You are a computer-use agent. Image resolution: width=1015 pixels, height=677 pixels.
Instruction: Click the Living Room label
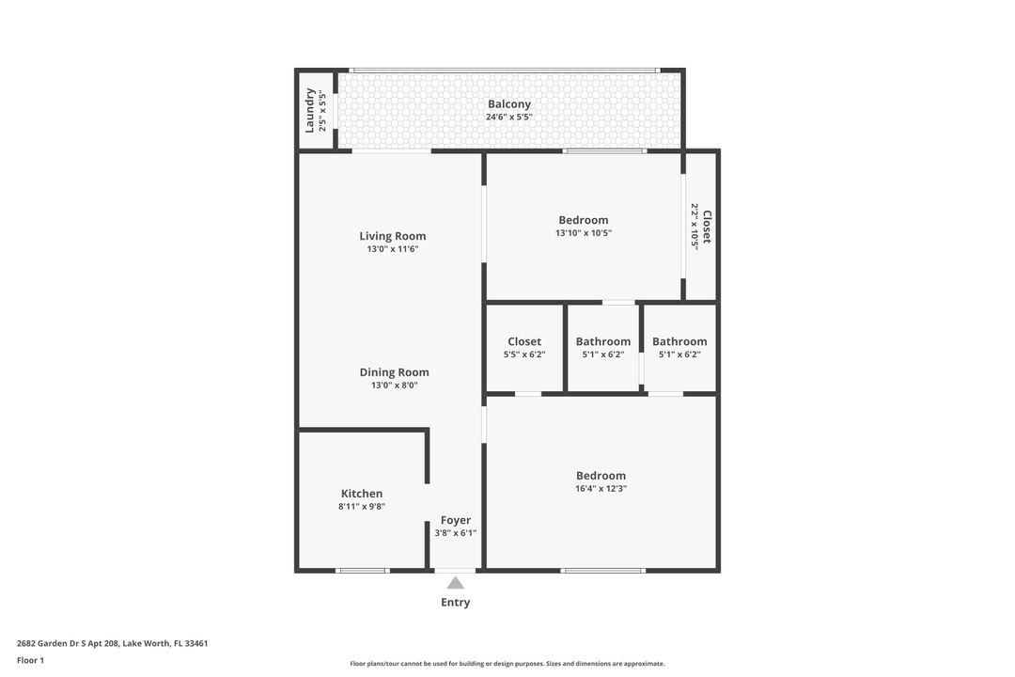click(x=392, y=236)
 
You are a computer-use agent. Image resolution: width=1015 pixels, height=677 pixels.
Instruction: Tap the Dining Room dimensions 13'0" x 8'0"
click(x=394, y=385)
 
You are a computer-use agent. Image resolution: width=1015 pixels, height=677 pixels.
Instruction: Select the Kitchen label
click(x=362, y=494)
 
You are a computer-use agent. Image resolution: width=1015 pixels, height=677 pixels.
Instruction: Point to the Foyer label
click(x=456, y=520)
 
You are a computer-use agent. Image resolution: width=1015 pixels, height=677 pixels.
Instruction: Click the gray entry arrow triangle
click(x=456, y=583)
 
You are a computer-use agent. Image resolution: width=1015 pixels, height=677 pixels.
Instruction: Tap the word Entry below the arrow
click(x=456, y=603)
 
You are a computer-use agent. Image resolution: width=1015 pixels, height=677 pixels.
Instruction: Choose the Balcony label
click(x=509, y=104)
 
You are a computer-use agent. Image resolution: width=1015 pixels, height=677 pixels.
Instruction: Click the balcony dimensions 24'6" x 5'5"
click(x=509, y=118)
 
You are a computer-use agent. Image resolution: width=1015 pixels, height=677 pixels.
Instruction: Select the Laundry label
click(x=309, y=110)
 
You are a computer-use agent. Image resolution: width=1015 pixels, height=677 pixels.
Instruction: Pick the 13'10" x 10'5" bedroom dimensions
click(x=584, y=233)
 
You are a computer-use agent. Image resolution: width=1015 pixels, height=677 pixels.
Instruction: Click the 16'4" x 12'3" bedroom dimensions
click(x=601, y=489)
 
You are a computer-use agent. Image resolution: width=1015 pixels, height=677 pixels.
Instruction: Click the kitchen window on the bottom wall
click(x=363, y=571)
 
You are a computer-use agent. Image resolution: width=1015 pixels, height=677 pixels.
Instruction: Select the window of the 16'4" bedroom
click(x=602, y=571)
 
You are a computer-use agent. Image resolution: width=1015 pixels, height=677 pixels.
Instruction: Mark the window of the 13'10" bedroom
click(x=604, y=151)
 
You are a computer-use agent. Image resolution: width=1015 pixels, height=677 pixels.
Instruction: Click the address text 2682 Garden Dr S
click(x=59, y=643)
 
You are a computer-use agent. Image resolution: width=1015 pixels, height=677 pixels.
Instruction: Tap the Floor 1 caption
click(x=30, y=660)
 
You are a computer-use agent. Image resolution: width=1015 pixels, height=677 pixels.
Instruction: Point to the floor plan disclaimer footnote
click(x=507, y=664)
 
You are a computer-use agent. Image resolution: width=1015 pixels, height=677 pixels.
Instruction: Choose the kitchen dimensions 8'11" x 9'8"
click(x=362, y=507)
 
